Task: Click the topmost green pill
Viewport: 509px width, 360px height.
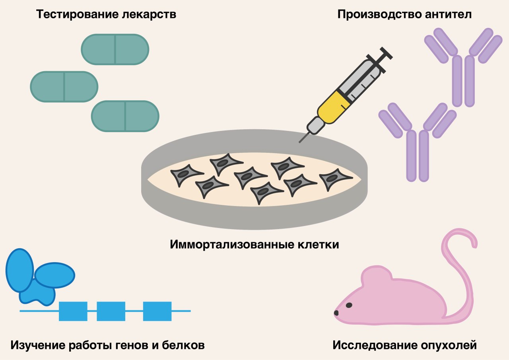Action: point(115,49)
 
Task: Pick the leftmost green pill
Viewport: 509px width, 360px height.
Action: point(64,86)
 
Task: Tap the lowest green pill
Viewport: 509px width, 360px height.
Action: point(125,116)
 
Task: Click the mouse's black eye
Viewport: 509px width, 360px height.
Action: point(349,305)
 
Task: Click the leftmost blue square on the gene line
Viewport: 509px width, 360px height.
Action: point(73,311)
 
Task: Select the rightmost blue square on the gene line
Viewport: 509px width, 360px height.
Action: point(157,311)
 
